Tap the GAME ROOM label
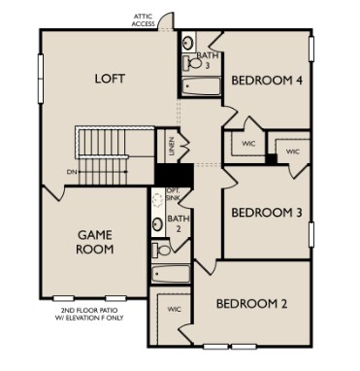[x=94, y=241]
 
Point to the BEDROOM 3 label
[x=264, y=213]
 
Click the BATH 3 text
[x=206, y=59]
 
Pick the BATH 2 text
[x=179, y=224]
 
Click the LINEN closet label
[x=171, y=147]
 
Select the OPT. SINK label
[x=173, y=193]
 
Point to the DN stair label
[x=71, y=171]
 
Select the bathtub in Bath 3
[x=201, y=86]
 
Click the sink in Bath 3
[x=189, y=41]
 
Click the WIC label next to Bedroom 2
[x=174, y=309]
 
